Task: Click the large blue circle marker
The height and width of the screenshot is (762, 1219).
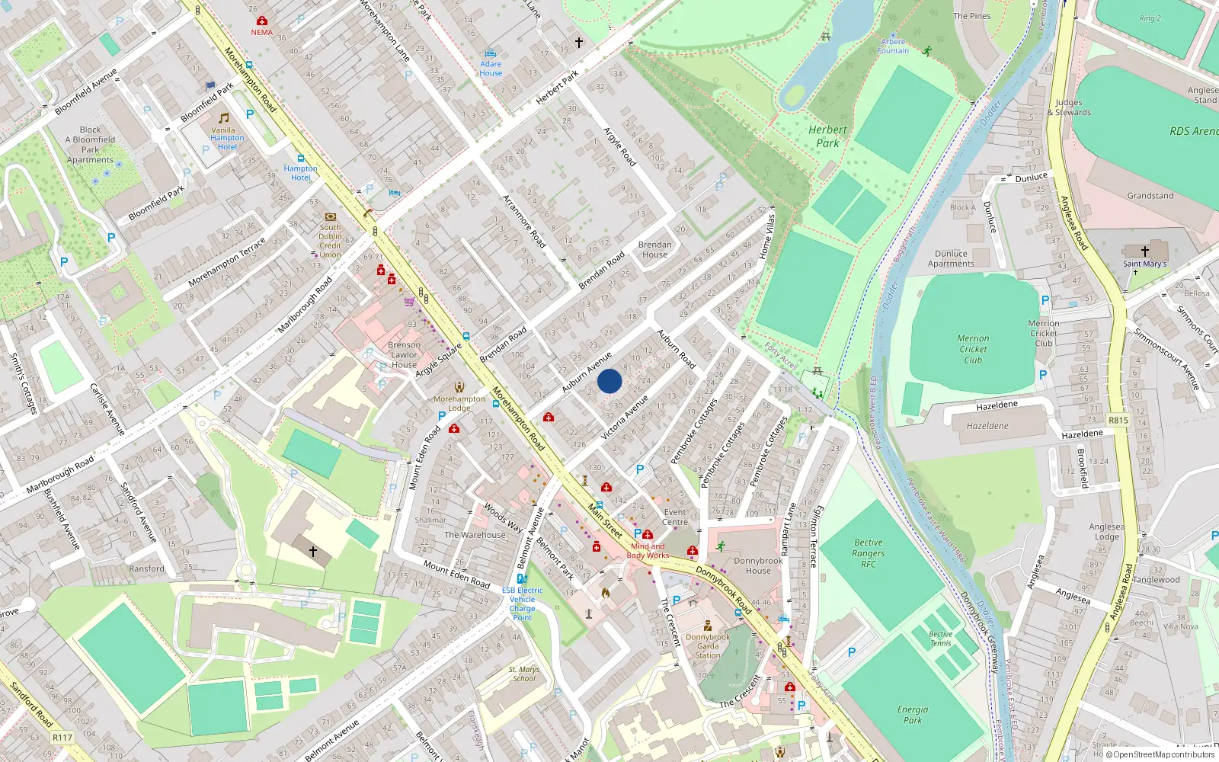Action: (609, 381)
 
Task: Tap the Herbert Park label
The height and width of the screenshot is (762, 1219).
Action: (827, 136)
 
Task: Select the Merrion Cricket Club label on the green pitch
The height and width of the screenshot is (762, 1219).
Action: (973, 349)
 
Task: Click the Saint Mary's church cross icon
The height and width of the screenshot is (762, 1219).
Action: (1144, 251)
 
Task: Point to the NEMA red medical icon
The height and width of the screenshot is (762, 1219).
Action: (262, 21)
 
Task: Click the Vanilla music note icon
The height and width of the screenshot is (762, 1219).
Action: (223, 118)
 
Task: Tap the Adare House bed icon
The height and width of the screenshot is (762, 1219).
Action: (491, 54)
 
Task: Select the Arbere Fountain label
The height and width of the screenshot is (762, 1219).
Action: (893, 46)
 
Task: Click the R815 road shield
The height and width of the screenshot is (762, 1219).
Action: (1118, 421)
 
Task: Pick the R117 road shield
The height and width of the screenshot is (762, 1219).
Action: (62, 738)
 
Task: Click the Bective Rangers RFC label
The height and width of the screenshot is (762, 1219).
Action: (869, 553)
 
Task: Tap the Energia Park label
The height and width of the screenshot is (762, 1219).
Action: (913, 715)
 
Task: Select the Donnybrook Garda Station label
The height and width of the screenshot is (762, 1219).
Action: (707, 646)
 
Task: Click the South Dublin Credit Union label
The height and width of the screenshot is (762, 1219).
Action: (330, 241)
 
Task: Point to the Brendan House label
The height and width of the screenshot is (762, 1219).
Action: (655, 250)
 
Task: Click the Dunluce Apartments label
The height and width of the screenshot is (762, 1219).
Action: (951, 259)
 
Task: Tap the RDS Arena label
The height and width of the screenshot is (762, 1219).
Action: (1193, 131)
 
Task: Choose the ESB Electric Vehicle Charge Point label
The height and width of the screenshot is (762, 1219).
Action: (523, 604)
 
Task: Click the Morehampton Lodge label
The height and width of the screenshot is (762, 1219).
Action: (459, 403)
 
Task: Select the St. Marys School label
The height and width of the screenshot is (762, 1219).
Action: (524, 674)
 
